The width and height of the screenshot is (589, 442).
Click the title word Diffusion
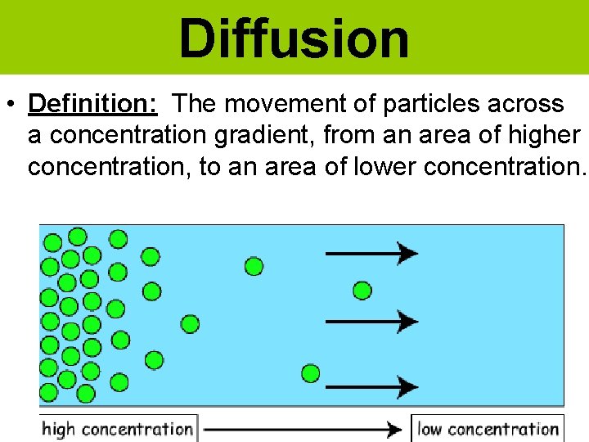click(x=294, y=38)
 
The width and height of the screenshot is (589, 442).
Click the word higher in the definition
click(x=541, y=136)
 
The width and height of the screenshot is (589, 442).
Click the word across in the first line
click(x=527, y=105)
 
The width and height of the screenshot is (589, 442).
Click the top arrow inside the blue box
click(x=372, y=253)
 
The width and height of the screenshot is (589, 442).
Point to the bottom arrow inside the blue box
click(x=372, y=385)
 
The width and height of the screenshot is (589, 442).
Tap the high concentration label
click(x=117, y=429)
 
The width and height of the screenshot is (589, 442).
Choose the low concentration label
click(x=488, y=429)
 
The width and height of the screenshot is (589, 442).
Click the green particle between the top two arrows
click(x=362, y=290)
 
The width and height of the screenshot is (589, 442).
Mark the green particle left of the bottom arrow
click(x=311, y=373)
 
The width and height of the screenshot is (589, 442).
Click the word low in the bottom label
click(x=429, y=429)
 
